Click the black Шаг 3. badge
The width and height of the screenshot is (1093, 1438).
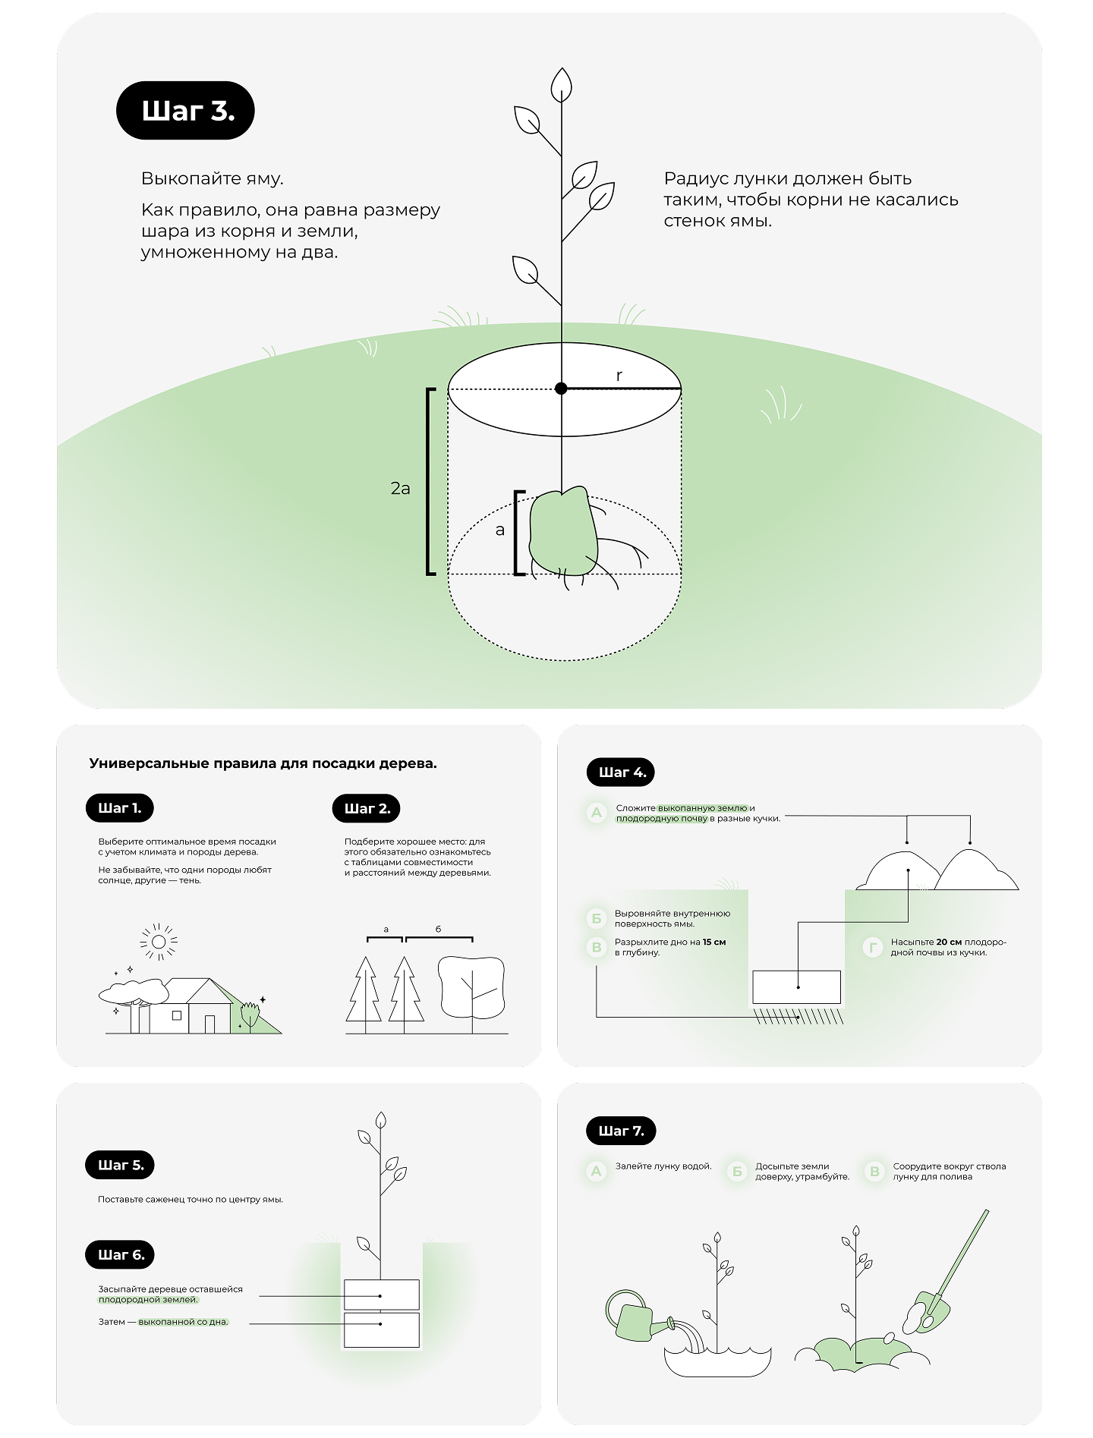(x=185, y=111)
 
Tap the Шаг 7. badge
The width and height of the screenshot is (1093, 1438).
(x=620, y=1131)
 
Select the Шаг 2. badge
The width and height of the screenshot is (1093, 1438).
(x=366, y=809)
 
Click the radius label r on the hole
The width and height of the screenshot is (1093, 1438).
(x=619, y=375)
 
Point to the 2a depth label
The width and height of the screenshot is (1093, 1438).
(x=400, y=489)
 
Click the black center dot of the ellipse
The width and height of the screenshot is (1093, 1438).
(x=561, y=389)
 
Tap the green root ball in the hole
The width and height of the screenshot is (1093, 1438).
(x=561, y=531)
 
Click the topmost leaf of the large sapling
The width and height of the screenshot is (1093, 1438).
(x=561, y=83)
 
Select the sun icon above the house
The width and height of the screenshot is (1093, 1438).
(x=159, y=942)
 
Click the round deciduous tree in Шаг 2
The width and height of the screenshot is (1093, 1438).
(x=471, y=986)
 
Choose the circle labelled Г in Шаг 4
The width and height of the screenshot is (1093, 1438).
(x=873, y=947)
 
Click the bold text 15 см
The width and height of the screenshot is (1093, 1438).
(x=713, y=942)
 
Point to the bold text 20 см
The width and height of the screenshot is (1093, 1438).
(x=949, y=942)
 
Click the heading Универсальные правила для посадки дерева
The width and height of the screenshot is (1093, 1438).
(x=263, y=763)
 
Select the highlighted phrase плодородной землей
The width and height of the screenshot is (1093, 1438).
(x=148, y=1300)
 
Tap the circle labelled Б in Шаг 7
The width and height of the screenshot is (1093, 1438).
(x=737, y=1172)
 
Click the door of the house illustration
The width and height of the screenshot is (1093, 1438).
(x=209, y=1024)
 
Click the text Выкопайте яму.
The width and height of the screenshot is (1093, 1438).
(x=212, y=179)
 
